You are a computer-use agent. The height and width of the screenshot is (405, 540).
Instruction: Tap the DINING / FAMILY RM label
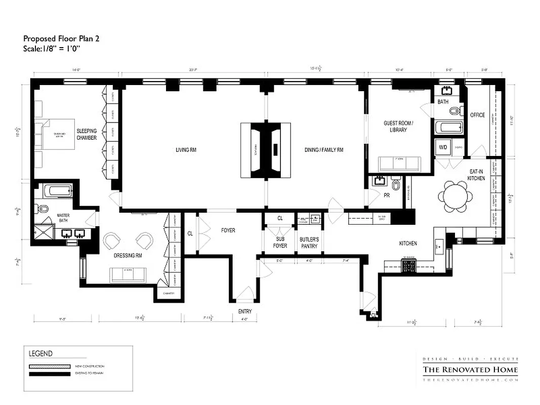coord(324,150)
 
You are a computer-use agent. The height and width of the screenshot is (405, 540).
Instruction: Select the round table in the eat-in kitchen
coord(456,196)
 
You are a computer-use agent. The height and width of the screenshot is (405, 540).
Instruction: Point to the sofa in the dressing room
coord(128,275)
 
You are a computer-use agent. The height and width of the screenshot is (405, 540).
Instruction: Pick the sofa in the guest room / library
coord(400,164)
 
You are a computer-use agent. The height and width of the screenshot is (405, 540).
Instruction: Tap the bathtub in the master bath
coord(57,191)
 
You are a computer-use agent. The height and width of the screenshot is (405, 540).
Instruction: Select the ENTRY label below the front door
coord(244,311)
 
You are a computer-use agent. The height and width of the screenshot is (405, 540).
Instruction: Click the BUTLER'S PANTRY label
coord(309,242)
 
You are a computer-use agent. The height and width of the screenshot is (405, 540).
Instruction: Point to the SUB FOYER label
coord(281,242)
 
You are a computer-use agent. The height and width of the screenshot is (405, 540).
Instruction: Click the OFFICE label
coord(477,115)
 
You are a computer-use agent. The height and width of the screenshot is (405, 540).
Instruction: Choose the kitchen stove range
coord(408,265)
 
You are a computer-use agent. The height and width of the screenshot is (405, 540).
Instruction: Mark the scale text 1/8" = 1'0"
coord(52,49)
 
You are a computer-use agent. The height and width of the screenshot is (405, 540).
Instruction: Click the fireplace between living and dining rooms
coord(266,150)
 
